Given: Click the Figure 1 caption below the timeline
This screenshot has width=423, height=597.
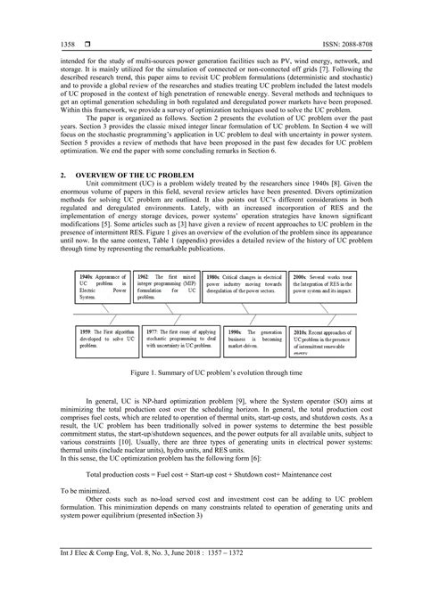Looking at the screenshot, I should pos(211,377).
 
